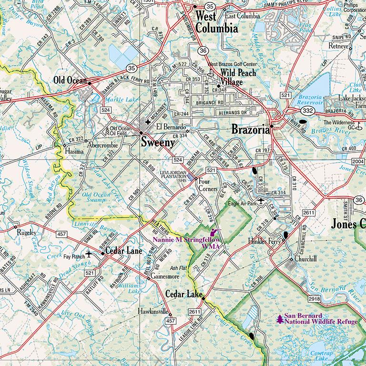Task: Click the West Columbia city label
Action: (216, 22)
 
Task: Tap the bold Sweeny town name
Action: (157, 142)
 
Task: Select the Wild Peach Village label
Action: (237, 77)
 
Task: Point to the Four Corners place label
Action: (208, 184)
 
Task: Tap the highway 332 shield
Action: (307, 111)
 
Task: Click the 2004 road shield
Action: (357, 162)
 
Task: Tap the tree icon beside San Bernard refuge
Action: (279, 319)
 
